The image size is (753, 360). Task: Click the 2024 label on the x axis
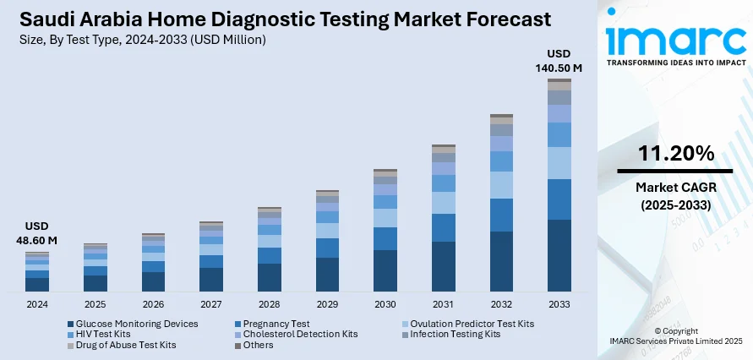[37, 304]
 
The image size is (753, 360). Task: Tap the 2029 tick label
[327, 304]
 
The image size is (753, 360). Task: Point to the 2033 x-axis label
[559, 304]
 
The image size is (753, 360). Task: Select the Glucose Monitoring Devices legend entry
[136, 324]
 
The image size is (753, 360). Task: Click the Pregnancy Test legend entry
[276, 324]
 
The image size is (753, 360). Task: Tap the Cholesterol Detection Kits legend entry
[300, 334]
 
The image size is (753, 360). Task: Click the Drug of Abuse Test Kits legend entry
[125, 345]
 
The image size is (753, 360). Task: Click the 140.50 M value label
[559, 68]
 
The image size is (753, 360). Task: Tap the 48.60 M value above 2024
[37, 241]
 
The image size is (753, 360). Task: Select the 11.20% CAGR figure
[676, 154]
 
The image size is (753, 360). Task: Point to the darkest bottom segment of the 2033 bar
[559, 256]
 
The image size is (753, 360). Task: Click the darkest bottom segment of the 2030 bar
[385, 271]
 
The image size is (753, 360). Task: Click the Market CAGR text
[676, 186]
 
